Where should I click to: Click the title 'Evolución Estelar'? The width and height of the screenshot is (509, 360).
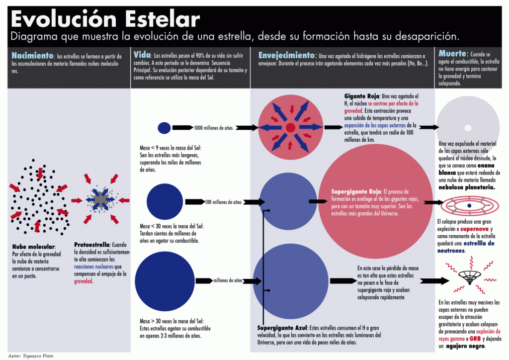(105, 19)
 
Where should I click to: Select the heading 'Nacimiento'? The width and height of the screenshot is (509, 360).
(32, 56)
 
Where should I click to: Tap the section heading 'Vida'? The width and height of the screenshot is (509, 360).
(142, 55)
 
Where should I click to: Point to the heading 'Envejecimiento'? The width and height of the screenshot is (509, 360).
(286, 55)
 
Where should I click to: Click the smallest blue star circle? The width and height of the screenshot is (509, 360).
(164, 128)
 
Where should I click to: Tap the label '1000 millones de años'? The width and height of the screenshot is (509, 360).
(213, 128)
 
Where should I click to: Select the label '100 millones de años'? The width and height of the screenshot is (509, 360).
(223, 202)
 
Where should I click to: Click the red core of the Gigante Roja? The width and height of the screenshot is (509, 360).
(290, 128)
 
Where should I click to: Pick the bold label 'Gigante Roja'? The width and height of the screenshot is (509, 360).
(362, 96)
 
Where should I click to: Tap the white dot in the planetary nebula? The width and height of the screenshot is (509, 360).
(468, 128)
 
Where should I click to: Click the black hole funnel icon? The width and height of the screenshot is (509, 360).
(469, 277)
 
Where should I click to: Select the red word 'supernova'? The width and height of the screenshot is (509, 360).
(474, 229)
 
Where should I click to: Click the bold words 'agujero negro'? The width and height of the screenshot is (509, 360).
(466, 346)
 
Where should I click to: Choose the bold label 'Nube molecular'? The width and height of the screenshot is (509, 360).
(34, 247)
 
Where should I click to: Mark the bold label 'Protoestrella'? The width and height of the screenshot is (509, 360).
(92, 245)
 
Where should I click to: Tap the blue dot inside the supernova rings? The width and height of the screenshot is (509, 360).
(469, 205)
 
